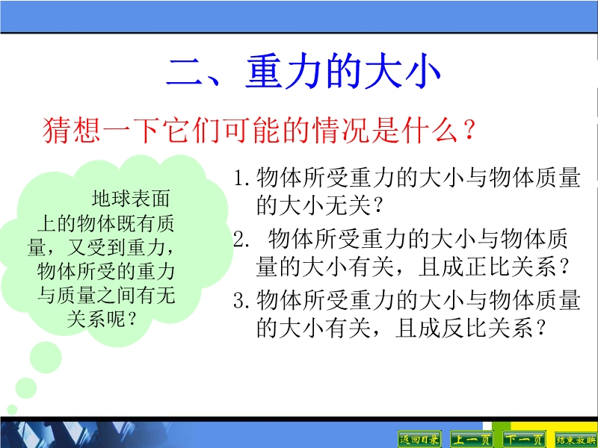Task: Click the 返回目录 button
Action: click(x=419, y=440)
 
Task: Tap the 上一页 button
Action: click(x=472, y=440)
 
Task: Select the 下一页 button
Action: click(x=524, y=440)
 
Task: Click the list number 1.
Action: click(x=240, y=178)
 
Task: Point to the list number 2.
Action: click(x=240, y=239)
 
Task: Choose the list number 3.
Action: click(x=241, y=301)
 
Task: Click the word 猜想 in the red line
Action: click(x=72, y=130)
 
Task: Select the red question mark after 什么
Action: click(x=469, y=130)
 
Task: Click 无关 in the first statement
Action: click(x=348, y=206)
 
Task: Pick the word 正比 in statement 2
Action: click(x=487, y=267)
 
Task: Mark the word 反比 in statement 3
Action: click(x=464, y=328)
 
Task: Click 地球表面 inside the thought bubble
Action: click(x=130, y=199)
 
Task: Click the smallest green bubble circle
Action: click(x=12, y=409)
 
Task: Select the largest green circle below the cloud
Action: click(x=46, y=358)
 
